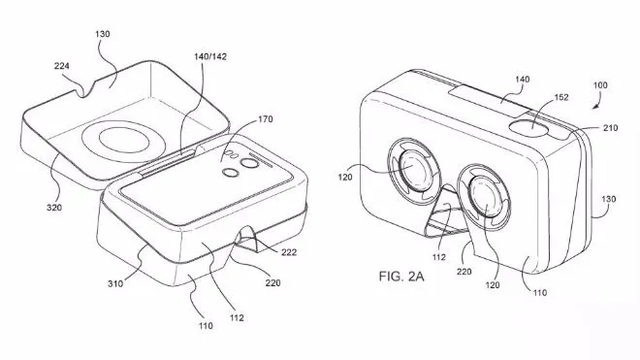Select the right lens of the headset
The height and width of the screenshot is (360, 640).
click(487, 192)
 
